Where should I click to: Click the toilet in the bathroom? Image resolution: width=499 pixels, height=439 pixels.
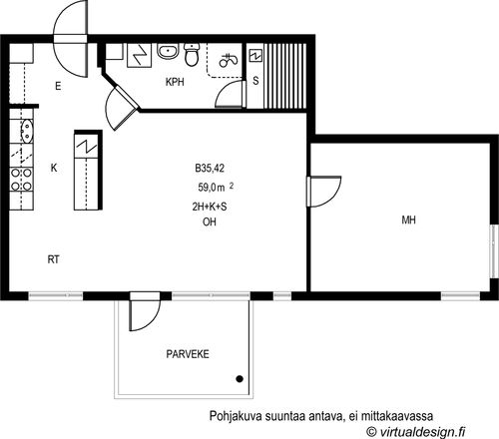[192, 55]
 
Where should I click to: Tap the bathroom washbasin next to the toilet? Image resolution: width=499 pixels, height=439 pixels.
[168, 52]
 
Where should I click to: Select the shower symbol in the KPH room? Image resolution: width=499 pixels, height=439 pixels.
[229, 60]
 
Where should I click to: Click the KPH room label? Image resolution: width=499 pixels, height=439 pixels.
[175, 82]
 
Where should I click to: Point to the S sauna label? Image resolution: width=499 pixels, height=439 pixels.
[255, 81]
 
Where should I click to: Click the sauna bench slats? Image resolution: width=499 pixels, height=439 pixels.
[285, 76]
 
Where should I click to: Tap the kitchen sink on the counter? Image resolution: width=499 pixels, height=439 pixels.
[27, 131]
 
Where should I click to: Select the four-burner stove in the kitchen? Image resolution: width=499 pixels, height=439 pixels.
[21, 180]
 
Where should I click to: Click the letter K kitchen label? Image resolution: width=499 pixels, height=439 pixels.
[54, 168]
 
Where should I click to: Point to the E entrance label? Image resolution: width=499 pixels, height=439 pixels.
[58, 87]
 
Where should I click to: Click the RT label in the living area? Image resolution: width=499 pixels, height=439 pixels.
[53, 259]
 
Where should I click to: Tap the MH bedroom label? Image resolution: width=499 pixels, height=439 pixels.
[408, 219]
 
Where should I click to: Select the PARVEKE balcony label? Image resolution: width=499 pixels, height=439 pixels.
[188, 354]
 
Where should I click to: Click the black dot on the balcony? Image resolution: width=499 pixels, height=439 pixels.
[240, 379]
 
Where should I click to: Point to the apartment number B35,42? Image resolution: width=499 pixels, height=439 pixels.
[210, 169]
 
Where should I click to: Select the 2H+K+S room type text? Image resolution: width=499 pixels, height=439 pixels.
[210, 207]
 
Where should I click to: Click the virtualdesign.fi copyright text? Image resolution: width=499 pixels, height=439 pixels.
[416, 432]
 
